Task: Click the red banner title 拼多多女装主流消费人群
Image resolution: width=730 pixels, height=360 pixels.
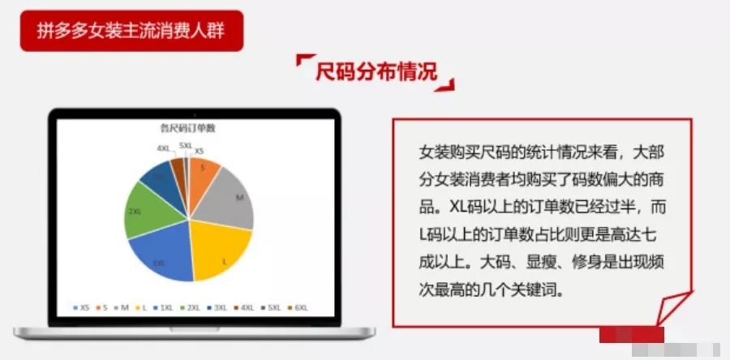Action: point(131,31)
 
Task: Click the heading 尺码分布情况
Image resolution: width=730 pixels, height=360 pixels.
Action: point(376,71)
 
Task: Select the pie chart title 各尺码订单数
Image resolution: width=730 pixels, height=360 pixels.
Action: point(189,127)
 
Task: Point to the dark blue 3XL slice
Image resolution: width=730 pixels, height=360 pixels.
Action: point(154,178)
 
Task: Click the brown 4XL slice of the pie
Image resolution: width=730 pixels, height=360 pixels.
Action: point(177,165)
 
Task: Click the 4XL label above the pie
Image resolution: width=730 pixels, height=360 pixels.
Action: point(164,148)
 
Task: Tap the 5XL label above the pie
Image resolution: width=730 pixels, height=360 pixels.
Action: point(186,144)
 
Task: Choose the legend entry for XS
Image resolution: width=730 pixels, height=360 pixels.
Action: point(82,308)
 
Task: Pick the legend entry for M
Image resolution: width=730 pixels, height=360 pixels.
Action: point(123,308)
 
